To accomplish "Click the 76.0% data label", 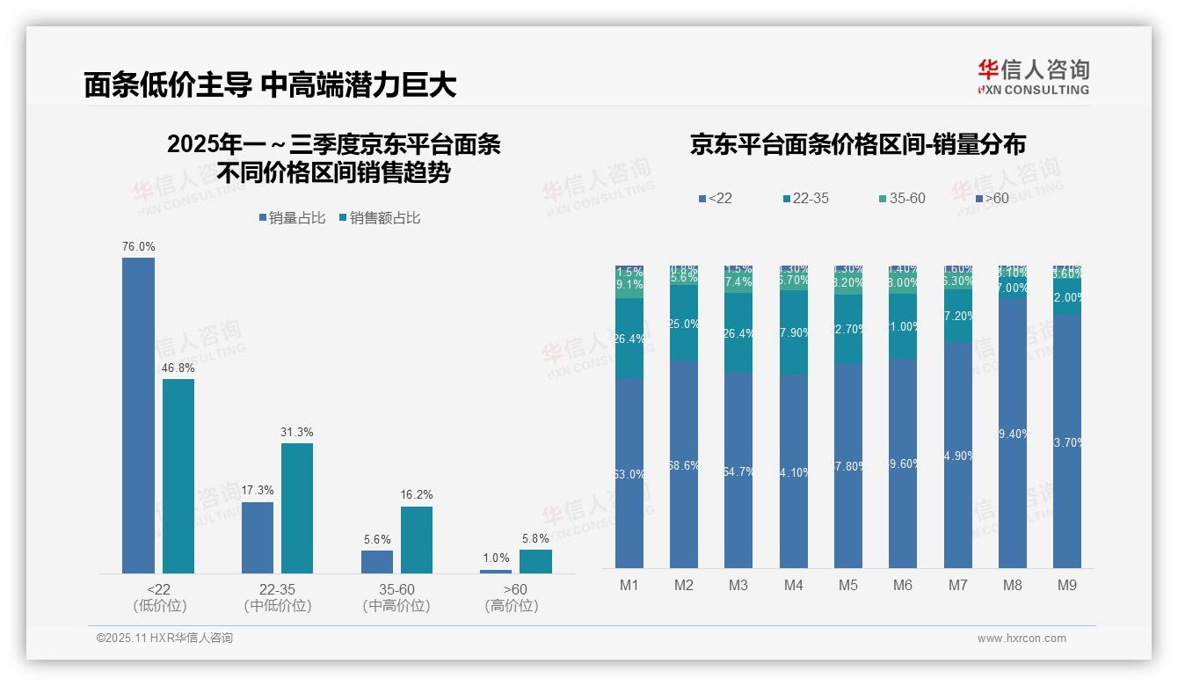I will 138,247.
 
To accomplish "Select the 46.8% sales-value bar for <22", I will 178,476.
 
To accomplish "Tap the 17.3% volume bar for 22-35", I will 258,537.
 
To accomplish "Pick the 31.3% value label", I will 297,433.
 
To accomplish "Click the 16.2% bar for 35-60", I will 417,540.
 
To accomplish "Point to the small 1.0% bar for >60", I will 496,572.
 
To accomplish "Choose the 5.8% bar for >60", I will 535,561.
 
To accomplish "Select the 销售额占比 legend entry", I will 379,218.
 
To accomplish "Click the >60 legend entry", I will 990,199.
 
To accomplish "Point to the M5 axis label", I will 848,586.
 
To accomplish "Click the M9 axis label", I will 1067,586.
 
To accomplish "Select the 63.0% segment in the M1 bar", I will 629,473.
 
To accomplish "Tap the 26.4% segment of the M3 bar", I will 738,333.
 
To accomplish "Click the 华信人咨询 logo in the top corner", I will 1033,77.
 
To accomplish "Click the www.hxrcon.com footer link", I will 1022,639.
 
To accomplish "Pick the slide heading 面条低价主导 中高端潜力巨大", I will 270,84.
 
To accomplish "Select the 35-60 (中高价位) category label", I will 396,597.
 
